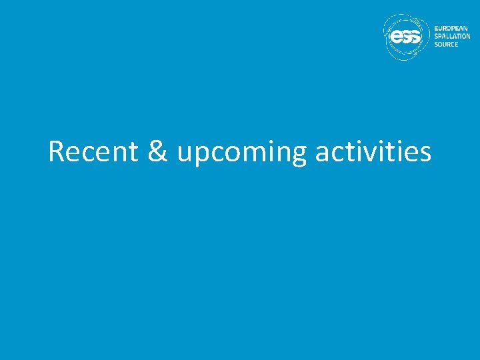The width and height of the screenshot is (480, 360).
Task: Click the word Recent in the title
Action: click(x=93, y=152)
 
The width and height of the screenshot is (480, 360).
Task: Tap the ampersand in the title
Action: click(x=157, y=152)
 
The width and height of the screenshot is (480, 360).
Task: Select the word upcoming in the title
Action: click(x=241, y=153)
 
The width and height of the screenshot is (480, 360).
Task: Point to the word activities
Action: click(x=373, y=152)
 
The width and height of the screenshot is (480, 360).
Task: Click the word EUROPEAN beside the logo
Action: click(x=451, y=29)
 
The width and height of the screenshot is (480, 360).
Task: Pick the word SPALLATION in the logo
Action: click(x=452, y=37)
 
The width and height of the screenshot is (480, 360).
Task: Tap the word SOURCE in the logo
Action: click(x=446, y=44)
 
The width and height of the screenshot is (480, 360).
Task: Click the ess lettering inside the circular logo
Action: click(x=405, y=38)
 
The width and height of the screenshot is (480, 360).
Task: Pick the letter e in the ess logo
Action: click(x=396, y=38)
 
